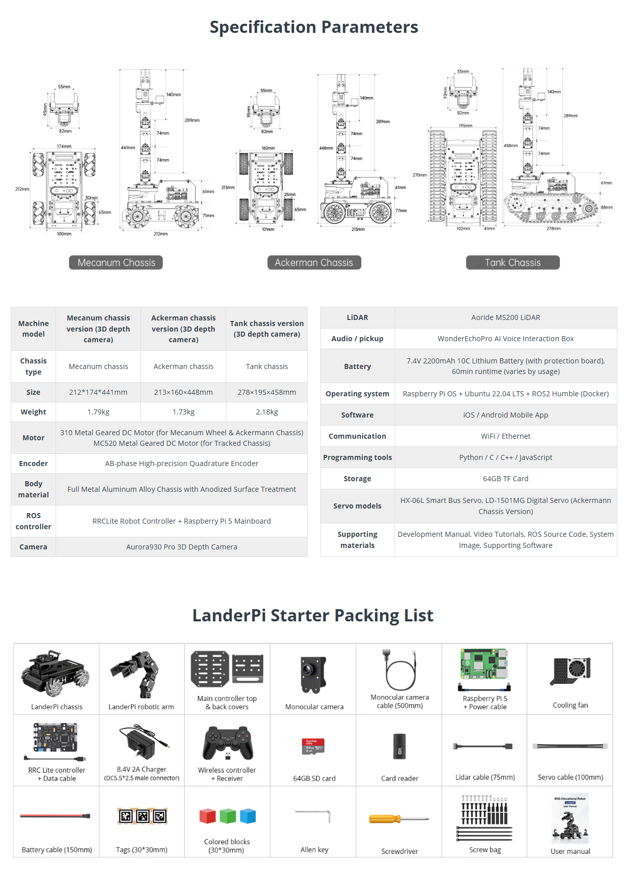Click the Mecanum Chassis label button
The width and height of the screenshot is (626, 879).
(x=116, y=263)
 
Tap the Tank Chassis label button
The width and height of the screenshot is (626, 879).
(x=512, y=263)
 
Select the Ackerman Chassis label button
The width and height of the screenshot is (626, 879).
(x=314, y=263)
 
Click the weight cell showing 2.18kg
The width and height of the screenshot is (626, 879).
(x=267, y=412)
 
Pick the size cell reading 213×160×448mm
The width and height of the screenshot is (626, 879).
(x=183, y=392)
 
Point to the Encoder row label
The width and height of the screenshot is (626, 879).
(x=33, y=464)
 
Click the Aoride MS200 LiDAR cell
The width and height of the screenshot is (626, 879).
(x=505, y=317)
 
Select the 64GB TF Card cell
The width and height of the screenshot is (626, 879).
(x=505, y=479)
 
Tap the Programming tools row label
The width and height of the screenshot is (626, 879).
(x=357, y=457)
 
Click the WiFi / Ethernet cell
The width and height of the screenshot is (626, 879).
(x=505, y=436)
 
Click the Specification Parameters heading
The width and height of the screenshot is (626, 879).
(x=314, y=27)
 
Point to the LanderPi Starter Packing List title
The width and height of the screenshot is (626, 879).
(x=313, y=616)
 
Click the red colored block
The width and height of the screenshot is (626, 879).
(x=208, y=816)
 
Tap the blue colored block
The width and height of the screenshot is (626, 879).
(x=248, y=816)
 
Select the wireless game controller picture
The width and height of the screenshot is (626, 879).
(x=228, y=744)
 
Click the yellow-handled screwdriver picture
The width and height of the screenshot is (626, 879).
(x=399, y=819)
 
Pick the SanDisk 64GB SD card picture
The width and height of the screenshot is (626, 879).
(x=313, y=747)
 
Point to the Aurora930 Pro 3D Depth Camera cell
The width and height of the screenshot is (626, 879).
(x=181, y=547)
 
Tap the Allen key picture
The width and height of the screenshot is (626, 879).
(x=314, y=815)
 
